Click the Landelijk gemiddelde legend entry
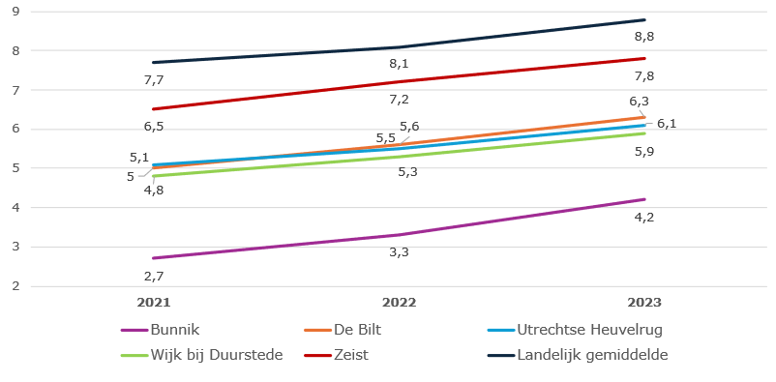click(x=592, y=354)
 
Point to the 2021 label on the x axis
click(x=153, y=303)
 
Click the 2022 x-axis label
click(x=399, y=303)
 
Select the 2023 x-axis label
click(x=644, y=303)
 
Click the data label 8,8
click(x=644, y=37)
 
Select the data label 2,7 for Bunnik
click(x=153, y=276)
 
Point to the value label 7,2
click(x=399, y=99)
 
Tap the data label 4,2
click(x=644, y=217)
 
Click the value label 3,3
click(x=399, y=252)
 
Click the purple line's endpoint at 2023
click(x=644, y=199)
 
